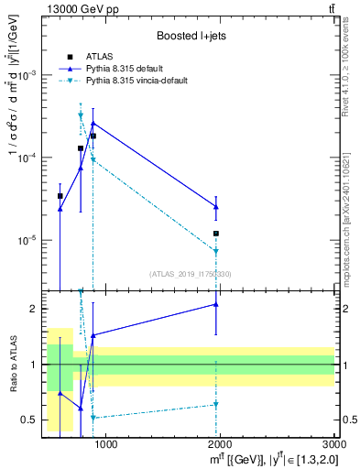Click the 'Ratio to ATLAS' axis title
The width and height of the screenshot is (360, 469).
(12, 365)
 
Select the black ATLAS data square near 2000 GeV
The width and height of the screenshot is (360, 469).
(216, 234)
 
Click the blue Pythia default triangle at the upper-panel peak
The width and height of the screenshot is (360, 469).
(93, 123)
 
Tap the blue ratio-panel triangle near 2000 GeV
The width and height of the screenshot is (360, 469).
(216, 304)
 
